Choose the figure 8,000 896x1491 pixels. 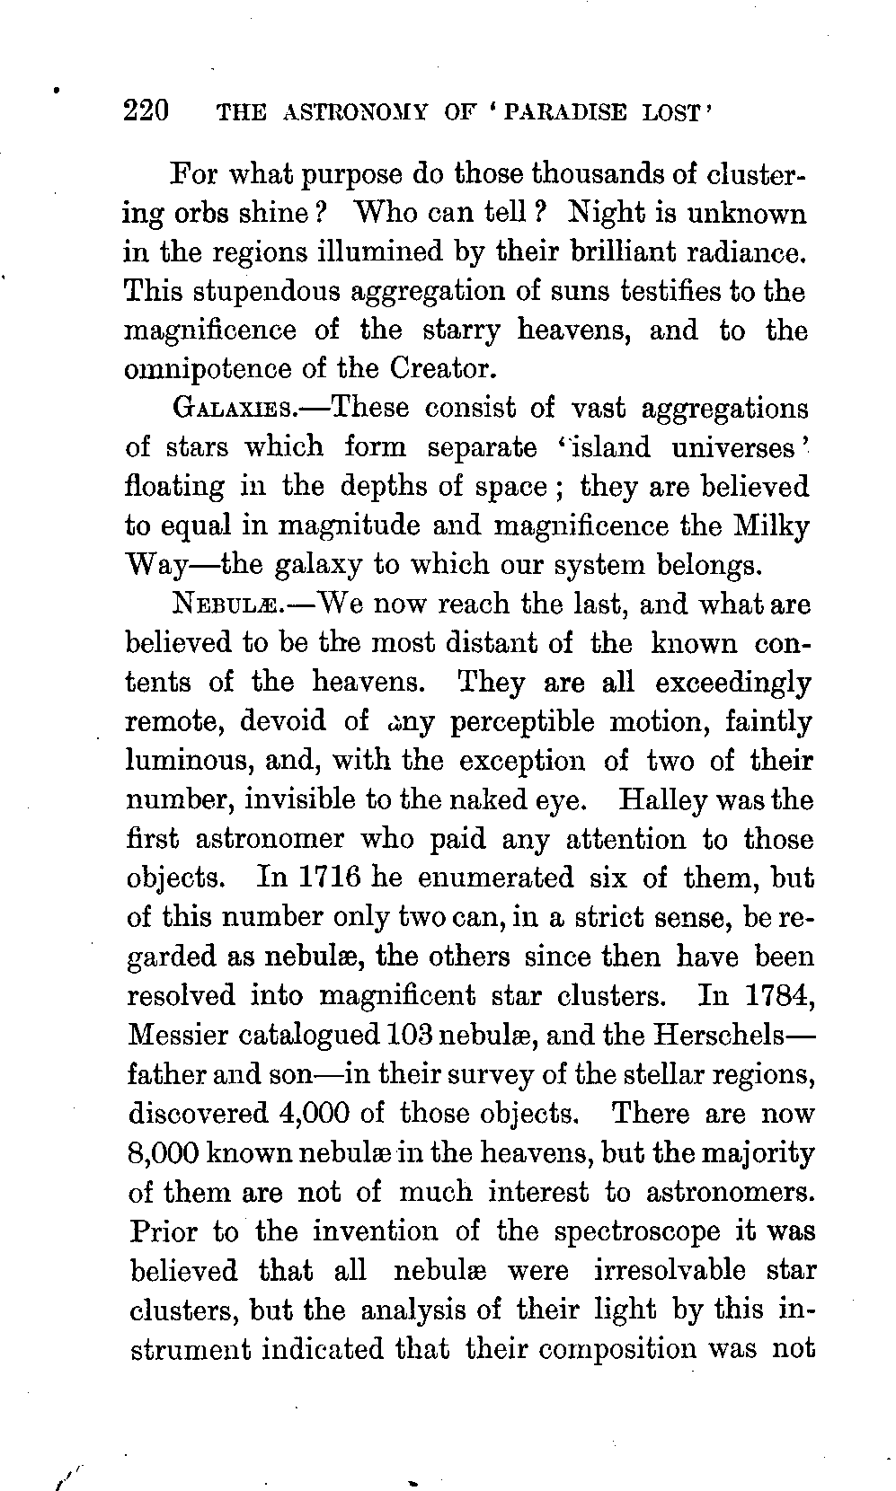pos(164,1153)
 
